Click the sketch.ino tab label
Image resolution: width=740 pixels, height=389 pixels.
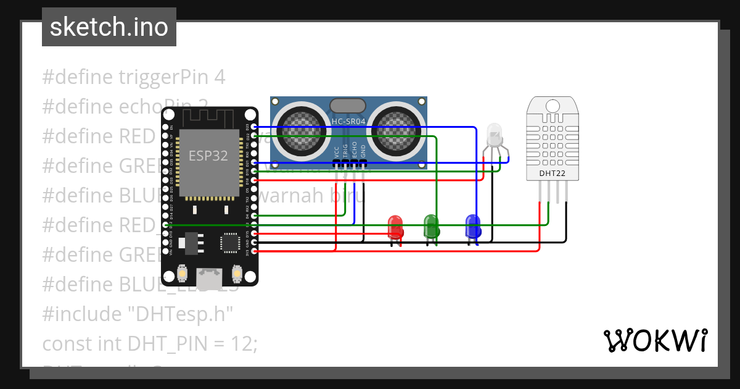click(109, 27)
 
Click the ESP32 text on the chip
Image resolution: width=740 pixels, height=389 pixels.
click(208, 156)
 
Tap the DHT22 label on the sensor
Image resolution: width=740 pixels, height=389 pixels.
click(552, 174)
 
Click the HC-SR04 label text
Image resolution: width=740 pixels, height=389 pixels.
click(348, 122)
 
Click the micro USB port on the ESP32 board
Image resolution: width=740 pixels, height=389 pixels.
click(210, 278)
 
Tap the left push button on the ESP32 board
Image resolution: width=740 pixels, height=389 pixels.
click(183, 272)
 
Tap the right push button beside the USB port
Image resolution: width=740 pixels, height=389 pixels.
click(237, 272)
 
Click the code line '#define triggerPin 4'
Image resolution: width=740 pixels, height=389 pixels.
click(133, 77)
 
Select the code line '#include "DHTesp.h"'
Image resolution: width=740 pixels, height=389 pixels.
click(137, 314)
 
